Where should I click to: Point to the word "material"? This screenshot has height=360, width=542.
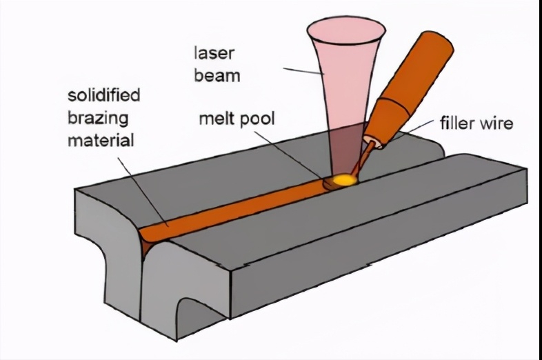(x=100, y=141)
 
